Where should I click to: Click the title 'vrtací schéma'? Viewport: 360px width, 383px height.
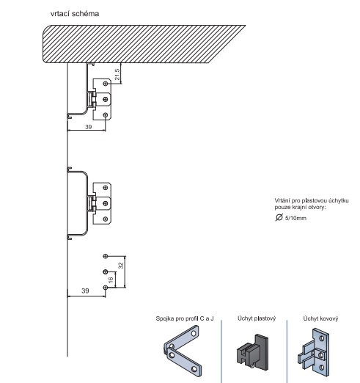[x=75, y=14]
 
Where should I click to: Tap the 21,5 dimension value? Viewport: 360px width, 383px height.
[x=117, y=74]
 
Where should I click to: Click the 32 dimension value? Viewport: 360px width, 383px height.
[x=121, y=266]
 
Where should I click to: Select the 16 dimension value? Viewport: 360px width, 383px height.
[x=111, y=280]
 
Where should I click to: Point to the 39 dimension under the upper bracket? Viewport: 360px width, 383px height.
[x=89, y=127]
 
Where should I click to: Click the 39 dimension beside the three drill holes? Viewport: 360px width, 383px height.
[x=85, y=291]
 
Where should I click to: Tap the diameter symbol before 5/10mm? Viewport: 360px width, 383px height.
[x=279, y=217]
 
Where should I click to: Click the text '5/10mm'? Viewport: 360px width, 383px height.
[x=295, y=218]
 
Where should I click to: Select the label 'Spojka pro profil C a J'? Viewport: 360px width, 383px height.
[x=185, y=318]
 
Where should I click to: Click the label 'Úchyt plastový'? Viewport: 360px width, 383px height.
[x=257, y=318]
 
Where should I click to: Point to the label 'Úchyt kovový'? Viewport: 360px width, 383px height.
[x=320, y=318]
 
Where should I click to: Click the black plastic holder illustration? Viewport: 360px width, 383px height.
[x=252, y=352]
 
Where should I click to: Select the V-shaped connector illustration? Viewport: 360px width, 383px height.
[x=183, y=351]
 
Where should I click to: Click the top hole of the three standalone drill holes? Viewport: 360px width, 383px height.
[x=106, y=256]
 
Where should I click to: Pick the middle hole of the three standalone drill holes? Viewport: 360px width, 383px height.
[x=106, y=271]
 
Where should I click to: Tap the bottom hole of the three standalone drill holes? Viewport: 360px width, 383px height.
[x=106, y=288]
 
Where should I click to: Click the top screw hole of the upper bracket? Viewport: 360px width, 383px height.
[x=106, y=84]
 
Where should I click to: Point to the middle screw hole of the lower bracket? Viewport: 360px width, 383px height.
[x=106, y=203]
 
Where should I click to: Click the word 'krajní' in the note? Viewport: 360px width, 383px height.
[x=297, y=208]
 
